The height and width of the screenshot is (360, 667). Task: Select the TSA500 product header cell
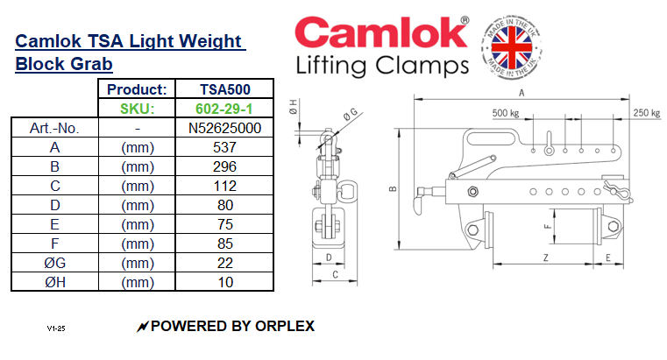coord(225,89)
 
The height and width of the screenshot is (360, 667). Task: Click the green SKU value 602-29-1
coord(225,109)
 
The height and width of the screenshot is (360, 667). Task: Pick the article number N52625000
coord(225,128)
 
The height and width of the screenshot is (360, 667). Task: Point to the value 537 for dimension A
coord(225,147)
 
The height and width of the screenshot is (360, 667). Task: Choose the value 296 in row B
coord(225,166)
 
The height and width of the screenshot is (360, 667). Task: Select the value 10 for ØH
coord(225,282)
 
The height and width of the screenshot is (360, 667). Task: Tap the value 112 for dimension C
coord(225,186)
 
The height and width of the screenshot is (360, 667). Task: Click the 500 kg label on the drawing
coord(506,113)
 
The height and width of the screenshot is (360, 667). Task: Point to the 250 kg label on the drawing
coord(645,113)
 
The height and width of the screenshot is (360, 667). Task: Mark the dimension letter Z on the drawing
coord(545,258)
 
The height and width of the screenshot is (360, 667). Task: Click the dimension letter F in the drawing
coord(547,226)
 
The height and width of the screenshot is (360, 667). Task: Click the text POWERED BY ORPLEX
coord(232,327)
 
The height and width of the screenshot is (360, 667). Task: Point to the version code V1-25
coord(56,328)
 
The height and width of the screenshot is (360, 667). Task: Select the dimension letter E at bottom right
coord(607,258)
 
